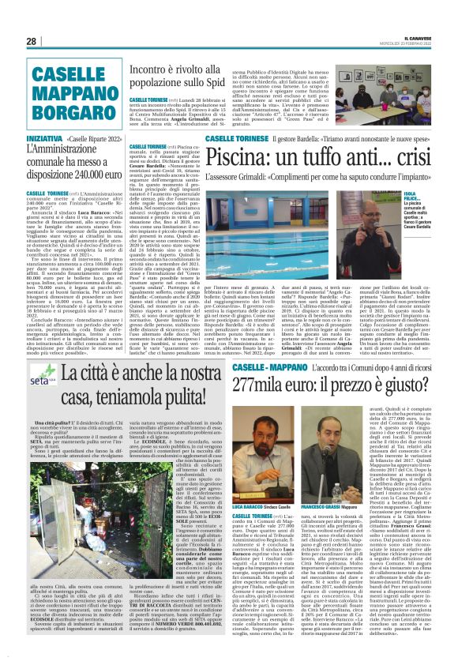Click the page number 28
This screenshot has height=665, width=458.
[32, 41]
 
